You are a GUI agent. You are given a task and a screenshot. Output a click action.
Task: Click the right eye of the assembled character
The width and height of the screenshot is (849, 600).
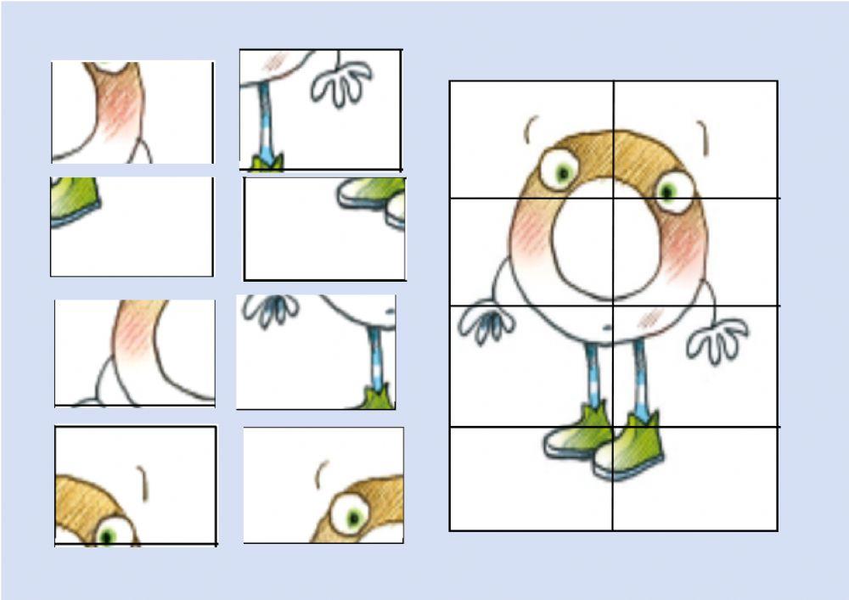coord(674,190)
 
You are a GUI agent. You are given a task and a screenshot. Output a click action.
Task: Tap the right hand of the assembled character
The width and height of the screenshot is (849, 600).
coord(717,339)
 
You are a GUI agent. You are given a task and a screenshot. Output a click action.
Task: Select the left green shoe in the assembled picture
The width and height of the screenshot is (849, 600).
coord(577,432)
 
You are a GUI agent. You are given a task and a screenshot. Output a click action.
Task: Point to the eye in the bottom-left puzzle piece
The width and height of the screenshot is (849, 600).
coord(110,533)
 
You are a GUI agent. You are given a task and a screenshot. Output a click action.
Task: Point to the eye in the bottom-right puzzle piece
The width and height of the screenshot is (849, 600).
coord(350,513)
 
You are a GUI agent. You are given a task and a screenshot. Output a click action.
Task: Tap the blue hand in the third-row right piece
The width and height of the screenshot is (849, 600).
coord(271,310)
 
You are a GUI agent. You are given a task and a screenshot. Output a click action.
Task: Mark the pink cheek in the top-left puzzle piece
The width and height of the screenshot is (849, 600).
coord(121,106)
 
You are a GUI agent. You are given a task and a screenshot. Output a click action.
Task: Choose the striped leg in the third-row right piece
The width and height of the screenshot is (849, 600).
coord(374,356)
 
